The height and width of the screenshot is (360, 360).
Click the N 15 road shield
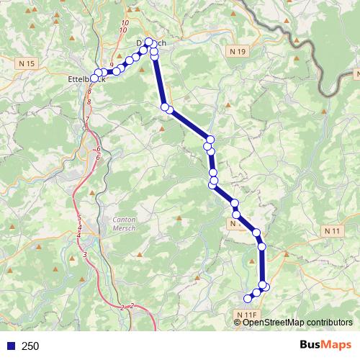click(27, 63)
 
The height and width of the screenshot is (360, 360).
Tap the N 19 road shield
click(239, 52)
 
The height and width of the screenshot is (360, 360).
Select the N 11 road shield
click(332, 230)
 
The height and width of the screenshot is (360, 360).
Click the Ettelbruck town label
click(85, 79)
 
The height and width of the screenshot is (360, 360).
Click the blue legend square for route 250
click(10, 346)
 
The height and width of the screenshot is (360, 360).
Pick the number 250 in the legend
click(30, 346)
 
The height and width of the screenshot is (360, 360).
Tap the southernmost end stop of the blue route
click(248, 298)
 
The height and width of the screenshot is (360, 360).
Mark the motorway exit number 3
click(85, 254)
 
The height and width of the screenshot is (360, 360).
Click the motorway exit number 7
click(87, 120)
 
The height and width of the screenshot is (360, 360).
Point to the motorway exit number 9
click(112, 65)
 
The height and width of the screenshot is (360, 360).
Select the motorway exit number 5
click(79, 217)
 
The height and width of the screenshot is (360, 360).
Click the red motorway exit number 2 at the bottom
click(132, 306)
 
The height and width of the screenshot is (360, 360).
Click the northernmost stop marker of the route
click(149, 42)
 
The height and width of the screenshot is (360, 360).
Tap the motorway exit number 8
click(89, 102)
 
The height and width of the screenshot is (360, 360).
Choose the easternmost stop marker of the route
click(265, 287)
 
